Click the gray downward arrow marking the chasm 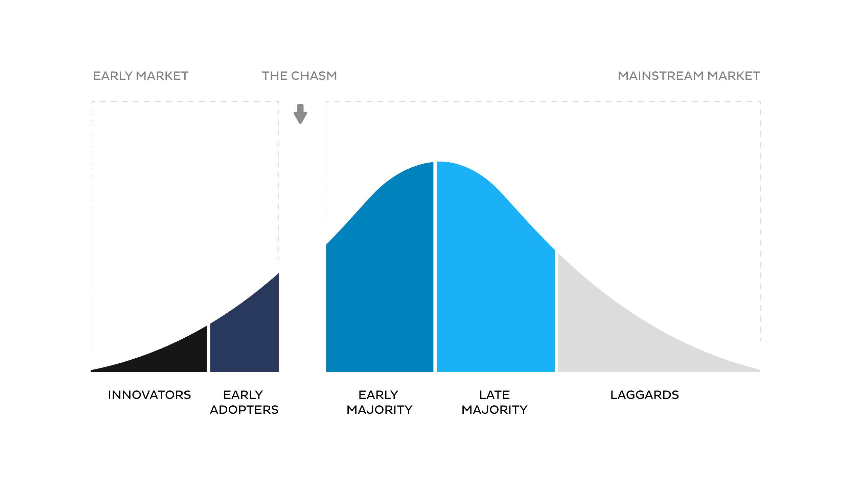[300, 114]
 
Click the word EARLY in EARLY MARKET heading [113, 76]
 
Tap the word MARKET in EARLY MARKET [162, 76]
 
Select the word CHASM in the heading [314, 76]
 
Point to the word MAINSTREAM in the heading [661, 76]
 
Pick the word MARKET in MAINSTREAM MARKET [734, 76]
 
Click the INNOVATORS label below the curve [149, 395]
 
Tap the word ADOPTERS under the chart [244, 410]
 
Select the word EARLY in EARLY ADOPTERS [243, 395]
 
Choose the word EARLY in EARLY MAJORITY [378, 395]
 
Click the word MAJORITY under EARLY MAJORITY [379, 410]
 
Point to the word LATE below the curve [495, 395]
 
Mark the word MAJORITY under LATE [495, 410]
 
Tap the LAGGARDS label [645, 395]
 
